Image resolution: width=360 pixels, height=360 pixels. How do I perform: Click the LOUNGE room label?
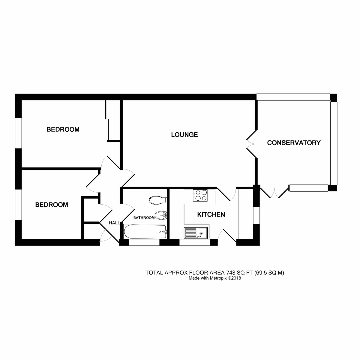pos(184,135)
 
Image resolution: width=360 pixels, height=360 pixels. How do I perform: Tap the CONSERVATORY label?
pos(294,143)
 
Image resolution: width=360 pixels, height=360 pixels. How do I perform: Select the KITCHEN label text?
pos(211,214)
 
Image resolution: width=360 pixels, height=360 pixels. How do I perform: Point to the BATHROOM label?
pos(144,217)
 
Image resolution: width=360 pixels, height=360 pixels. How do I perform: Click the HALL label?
pos(114,223)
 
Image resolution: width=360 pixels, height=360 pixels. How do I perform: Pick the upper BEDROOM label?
pos(63,130)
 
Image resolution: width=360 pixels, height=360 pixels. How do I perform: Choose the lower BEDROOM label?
pos(52,205)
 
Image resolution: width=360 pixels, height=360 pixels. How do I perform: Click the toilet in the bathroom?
pos(158,200)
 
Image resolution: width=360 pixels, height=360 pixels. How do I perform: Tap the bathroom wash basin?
pos(161,215)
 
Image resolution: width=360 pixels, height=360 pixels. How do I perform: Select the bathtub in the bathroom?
pos(145,232)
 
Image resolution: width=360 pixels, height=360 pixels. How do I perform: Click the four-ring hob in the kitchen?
pos(200,195)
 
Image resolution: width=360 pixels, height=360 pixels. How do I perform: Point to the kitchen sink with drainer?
pos(195,233)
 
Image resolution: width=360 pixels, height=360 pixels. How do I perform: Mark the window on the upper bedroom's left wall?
pos(19,133)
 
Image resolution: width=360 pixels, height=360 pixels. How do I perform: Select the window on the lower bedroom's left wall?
pos(19,205)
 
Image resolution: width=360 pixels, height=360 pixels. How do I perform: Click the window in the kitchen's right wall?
pos(256,215)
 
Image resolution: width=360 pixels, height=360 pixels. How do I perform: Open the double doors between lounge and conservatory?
pos(251,144)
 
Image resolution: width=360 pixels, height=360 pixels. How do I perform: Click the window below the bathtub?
pos(144,242)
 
